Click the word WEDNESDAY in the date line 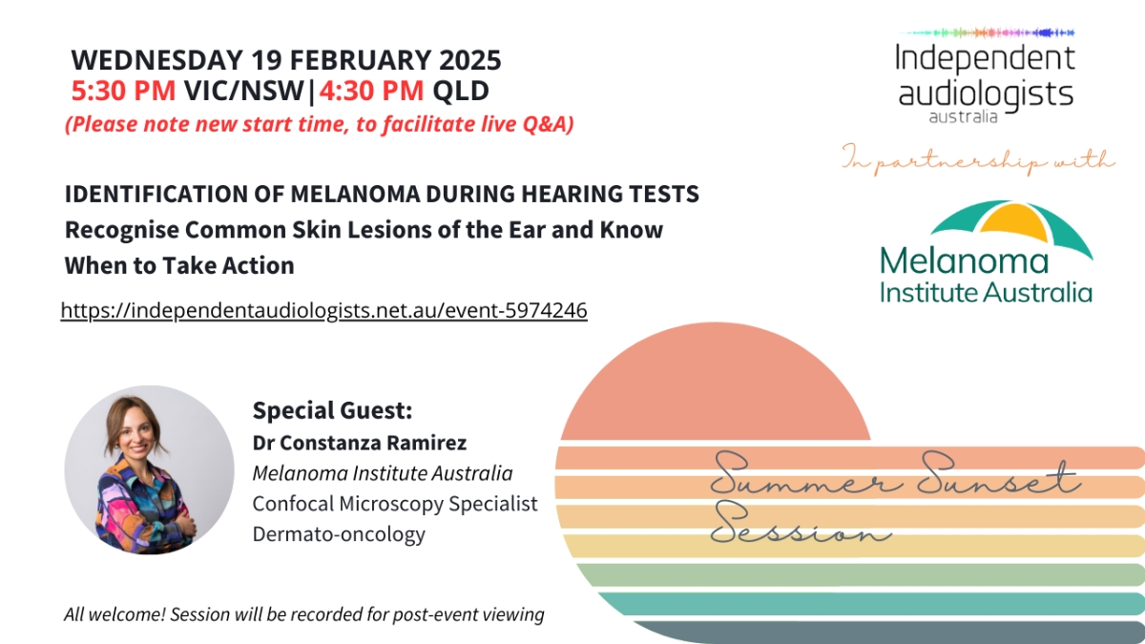156,60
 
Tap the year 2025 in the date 470,60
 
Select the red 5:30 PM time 123,91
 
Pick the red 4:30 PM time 371,91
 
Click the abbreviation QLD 461,91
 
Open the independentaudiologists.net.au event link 324,310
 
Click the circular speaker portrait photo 149,469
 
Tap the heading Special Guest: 332,410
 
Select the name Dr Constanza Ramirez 360,443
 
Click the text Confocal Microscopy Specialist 395,504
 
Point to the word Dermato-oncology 339,534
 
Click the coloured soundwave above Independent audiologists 987,32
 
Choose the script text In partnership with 977,160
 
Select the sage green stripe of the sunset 859,574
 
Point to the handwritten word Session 801,523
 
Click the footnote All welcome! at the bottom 115,613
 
